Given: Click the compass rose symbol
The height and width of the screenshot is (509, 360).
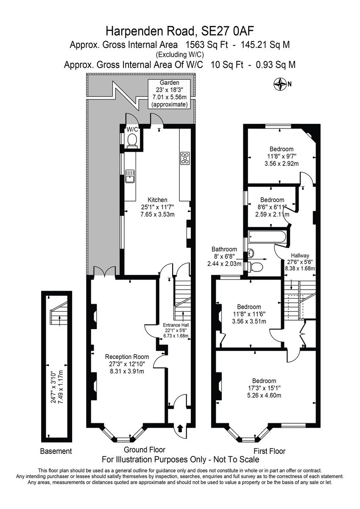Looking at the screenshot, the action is click(x=279, y=84).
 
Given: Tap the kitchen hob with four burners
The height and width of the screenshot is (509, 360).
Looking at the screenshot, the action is click(x=185, y=158).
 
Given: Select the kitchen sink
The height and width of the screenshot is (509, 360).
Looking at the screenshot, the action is click(x=130, y=176).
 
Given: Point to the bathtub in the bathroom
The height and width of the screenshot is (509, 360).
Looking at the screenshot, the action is click(x=267, y=237).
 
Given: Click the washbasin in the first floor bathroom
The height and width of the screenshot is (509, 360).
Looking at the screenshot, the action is click(x=251, y=253).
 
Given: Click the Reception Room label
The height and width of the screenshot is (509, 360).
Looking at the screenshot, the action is click(x=127, y=357).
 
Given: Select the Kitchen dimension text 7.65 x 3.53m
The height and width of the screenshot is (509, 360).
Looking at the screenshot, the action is click(x=158, y=214).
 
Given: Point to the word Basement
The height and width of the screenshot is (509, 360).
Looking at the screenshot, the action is click(x=56, y=451).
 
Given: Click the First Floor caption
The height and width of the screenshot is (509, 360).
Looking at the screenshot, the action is click(x=269, y=451).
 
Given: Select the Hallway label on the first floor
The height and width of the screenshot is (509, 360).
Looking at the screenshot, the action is click(x=300, y=256).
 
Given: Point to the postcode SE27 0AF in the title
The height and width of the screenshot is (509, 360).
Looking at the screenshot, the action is click(x=228, y=31).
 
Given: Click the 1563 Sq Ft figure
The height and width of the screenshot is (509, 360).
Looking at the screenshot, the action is click(x=207, y=45).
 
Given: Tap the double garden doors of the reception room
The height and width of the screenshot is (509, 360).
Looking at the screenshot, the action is click(x=104, y=271).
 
